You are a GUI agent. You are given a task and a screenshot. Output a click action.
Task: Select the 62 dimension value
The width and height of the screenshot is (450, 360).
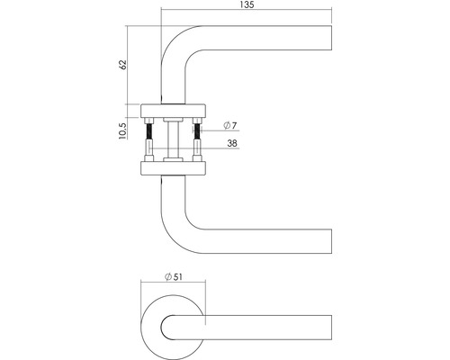[x=123, y=65]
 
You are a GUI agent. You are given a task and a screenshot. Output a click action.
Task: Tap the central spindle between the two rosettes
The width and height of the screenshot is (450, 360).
[x=172, y=139]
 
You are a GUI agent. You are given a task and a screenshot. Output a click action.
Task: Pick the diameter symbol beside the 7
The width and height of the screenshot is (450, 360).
[x=222, y=123]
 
